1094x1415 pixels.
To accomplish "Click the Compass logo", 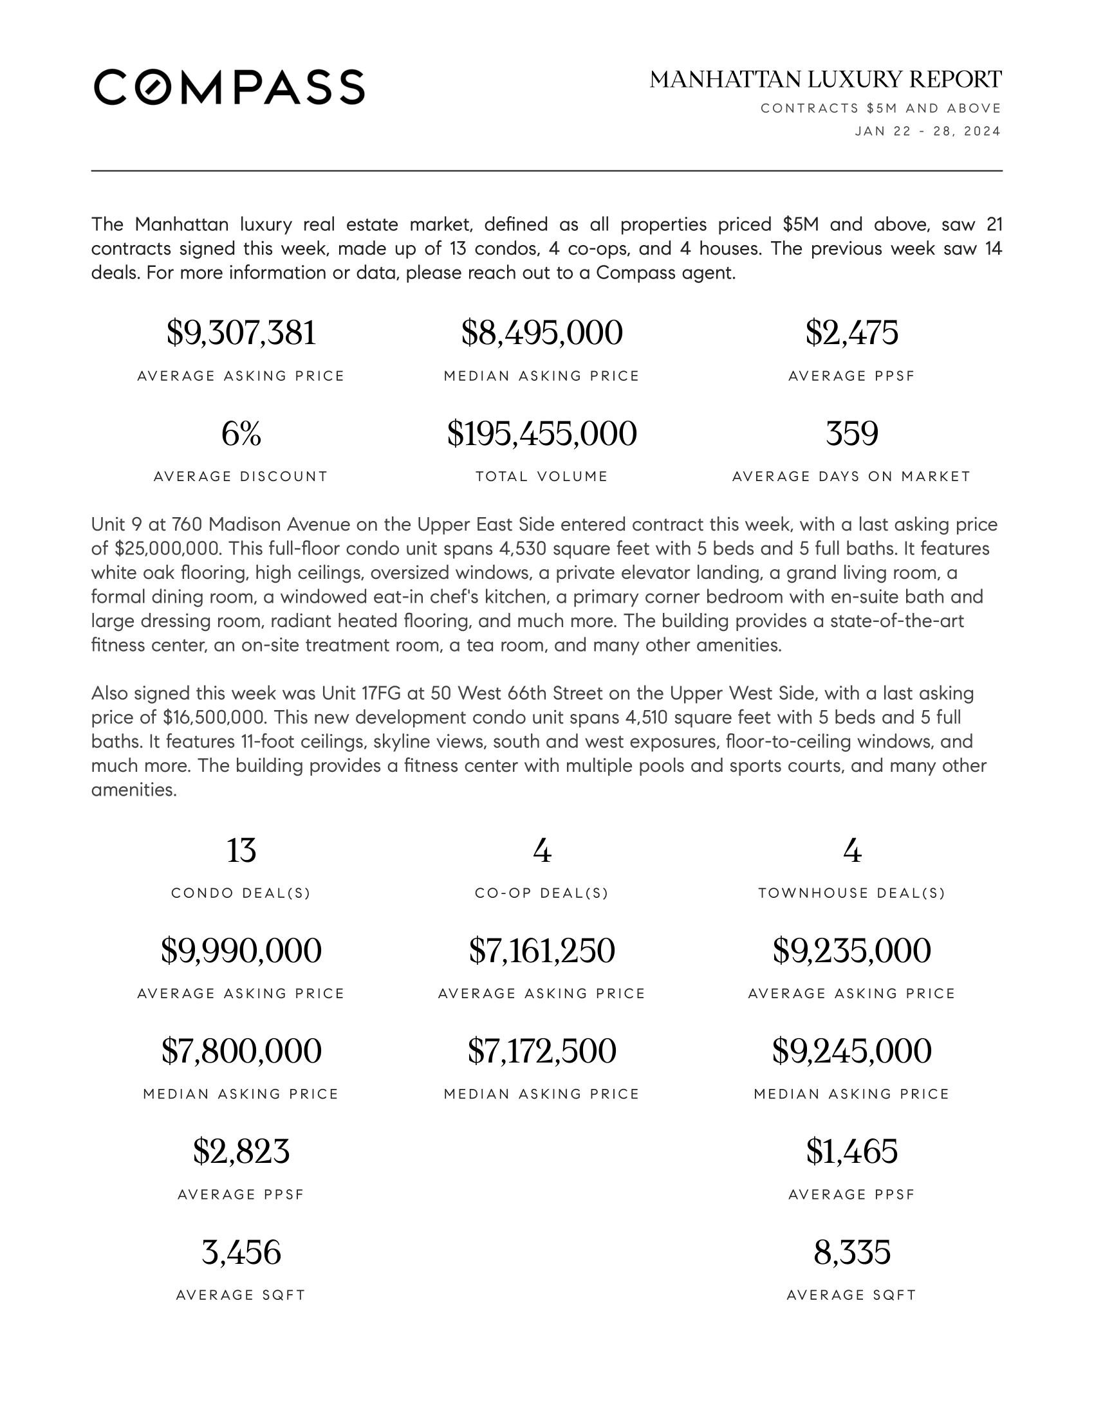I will coord(229,87).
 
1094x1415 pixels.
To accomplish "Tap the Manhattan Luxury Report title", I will coord(825,80).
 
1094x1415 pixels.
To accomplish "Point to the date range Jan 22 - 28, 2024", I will coord(927,131).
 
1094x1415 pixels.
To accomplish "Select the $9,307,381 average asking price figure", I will coord(241,333).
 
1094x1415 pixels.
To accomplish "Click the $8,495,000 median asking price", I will coord(542,333).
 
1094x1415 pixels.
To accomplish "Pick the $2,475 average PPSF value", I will coord(851,333).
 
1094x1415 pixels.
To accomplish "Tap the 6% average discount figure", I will coord(241,434).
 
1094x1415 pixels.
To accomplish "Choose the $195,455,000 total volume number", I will coord(542,434).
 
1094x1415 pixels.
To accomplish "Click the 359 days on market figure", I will coord(851,434).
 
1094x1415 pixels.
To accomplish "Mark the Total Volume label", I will coord(542,477).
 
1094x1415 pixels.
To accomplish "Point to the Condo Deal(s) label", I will coord(241,893).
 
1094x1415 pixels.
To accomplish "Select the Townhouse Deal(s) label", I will coord(851,893).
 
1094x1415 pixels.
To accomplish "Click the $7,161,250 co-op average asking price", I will coord(542,951).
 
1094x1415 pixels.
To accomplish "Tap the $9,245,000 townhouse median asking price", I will coord(851,1052).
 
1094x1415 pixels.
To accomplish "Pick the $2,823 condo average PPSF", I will coord(241,1152).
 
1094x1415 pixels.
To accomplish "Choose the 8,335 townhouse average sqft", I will coord(851,1252).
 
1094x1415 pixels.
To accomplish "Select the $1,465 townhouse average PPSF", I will coord(851,1152).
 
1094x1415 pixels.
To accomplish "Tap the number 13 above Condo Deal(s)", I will coord(241,851).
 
